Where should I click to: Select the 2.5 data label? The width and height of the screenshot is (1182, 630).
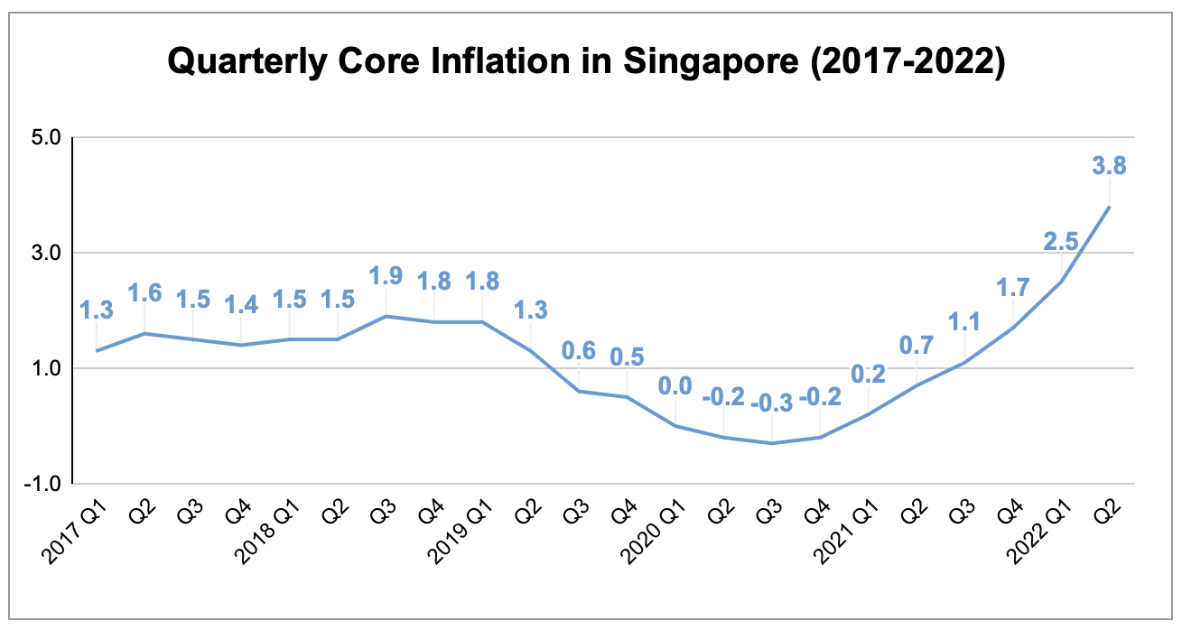pos(1060,241)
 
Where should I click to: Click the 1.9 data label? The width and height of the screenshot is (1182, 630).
pos(386,275)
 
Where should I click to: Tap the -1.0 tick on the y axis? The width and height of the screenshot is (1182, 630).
pos(42,484)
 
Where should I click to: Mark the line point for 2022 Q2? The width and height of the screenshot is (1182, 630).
pos(1109,207)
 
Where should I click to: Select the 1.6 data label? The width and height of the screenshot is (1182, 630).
pos(144,293)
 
